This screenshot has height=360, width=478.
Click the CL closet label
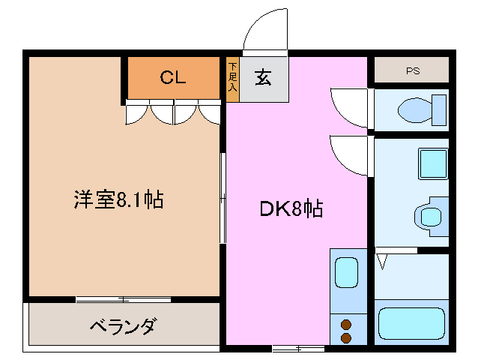click(173, 76)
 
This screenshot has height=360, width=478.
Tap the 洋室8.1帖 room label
click(119, 200)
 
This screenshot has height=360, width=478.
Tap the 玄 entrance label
click(263, 78)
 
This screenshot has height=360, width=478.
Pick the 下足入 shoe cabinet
click(232, 80)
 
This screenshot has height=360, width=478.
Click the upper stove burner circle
click(346, 325)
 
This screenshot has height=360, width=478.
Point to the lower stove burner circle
click(346, 338)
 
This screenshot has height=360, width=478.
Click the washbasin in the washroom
click(429, 216)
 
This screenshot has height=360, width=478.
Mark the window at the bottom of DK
click(298, 348)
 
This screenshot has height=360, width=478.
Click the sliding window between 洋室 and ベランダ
click(123, 300)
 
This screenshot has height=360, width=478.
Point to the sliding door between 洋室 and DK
click(223, 198)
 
